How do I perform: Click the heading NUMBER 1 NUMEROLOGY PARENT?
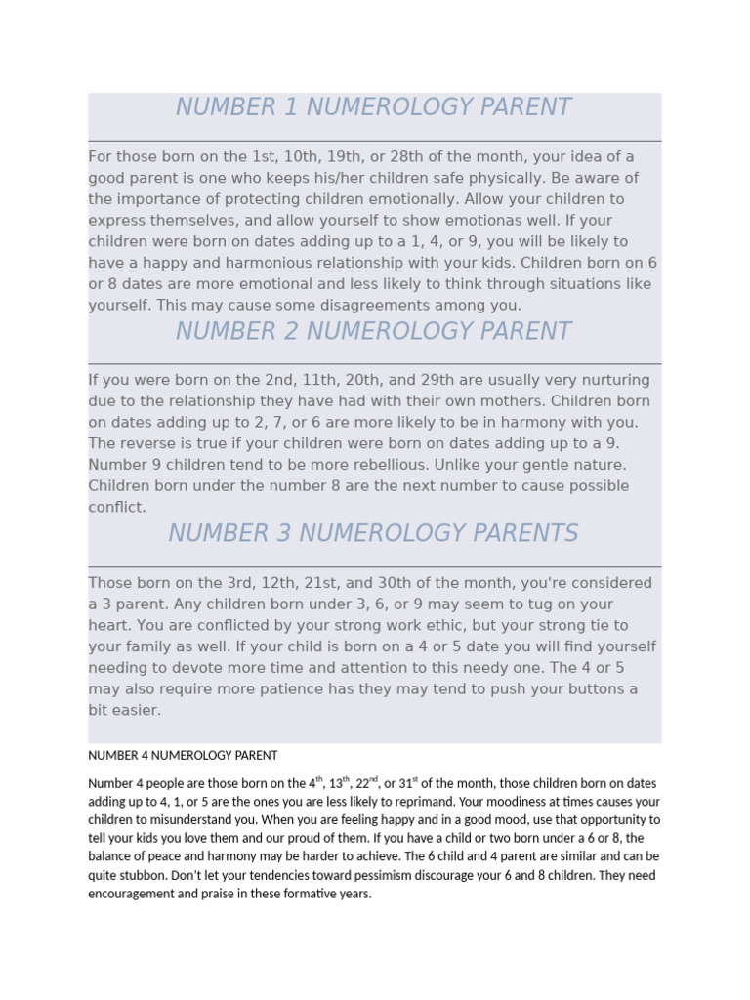click(373, 107)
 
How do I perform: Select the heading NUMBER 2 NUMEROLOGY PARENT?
click(373, 331)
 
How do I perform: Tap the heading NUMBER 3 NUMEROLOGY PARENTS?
click(373, 533)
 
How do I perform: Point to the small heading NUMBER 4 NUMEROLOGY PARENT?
click(183, 755)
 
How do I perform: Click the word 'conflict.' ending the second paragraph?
click(117, 507)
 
